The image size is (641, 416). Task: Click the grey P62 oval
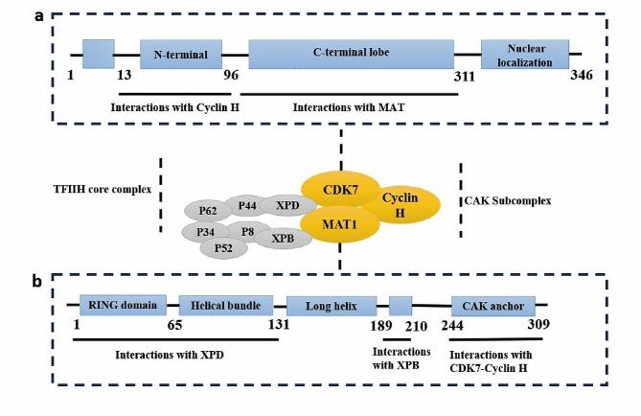tap(207, 210)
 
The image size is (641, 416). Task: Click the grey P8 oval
tap(247, 231)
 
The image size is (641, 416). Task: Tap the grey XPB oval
tap(283, 237)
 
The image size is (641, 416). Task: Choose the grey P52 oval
tap(223, 248)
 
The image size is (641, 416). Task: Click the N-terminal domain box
tap(181, 54)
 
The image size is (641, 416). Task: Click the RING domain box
tap(123, 306)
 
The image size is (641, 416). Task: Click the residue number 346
tap(582, 76)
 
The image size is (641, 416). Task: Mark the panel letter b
tap(35, 282)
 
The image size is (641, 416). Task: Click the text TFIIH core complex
tap(103, 189)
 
